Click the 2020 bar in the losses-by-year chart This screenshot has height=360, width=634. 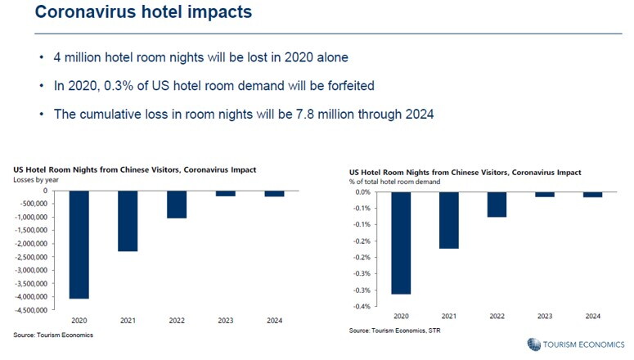(x=79, y=245)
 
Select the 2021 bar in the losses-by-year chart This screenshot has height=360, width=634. (x=128, y=221)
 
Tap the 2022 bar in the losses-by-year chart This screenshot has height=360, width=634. (x=177, y=205)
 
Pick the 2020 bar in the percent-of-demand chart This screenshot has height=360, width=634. (x=401, y=243)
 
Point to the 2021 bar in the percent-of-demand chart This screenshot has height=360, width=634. (x=449, y=220)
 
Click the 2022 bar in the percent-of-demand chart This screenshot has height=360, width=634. (x=497, y=205)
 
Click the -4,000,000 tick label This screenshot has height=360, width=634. (x=31, y=297)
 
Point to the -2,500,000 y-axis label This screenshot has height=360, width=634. (x=31, y=257)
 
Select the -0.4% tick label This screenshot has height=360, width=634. (x=362, y=307)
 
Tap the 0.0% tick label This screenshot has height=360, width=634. (x=362, y=192)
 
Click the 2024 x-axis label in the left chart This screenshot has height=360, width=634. (x=275, y=321)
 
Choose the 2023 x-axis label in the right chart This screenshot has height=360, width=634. (x=545, y=317)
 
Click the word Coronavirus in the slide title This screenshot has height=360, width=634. (x=85, y=11)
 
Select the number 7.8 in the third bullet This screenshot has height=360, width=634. (x=305, y=114)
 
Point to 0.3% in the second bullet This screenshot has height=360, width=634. (x=119, y=86)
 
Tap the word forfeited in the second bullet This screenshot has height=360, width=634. (x=351, y=86)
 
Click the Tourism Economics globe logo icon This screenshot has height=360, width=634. (x=533, y=344)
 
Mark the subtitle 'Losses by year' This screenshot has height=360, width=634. (x=36, y=180)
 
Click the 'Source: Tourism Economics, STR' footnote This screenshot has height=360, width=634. (x=394, y=331)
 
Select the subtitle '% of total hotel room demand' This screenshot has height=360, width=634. (x=394, y=182)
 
